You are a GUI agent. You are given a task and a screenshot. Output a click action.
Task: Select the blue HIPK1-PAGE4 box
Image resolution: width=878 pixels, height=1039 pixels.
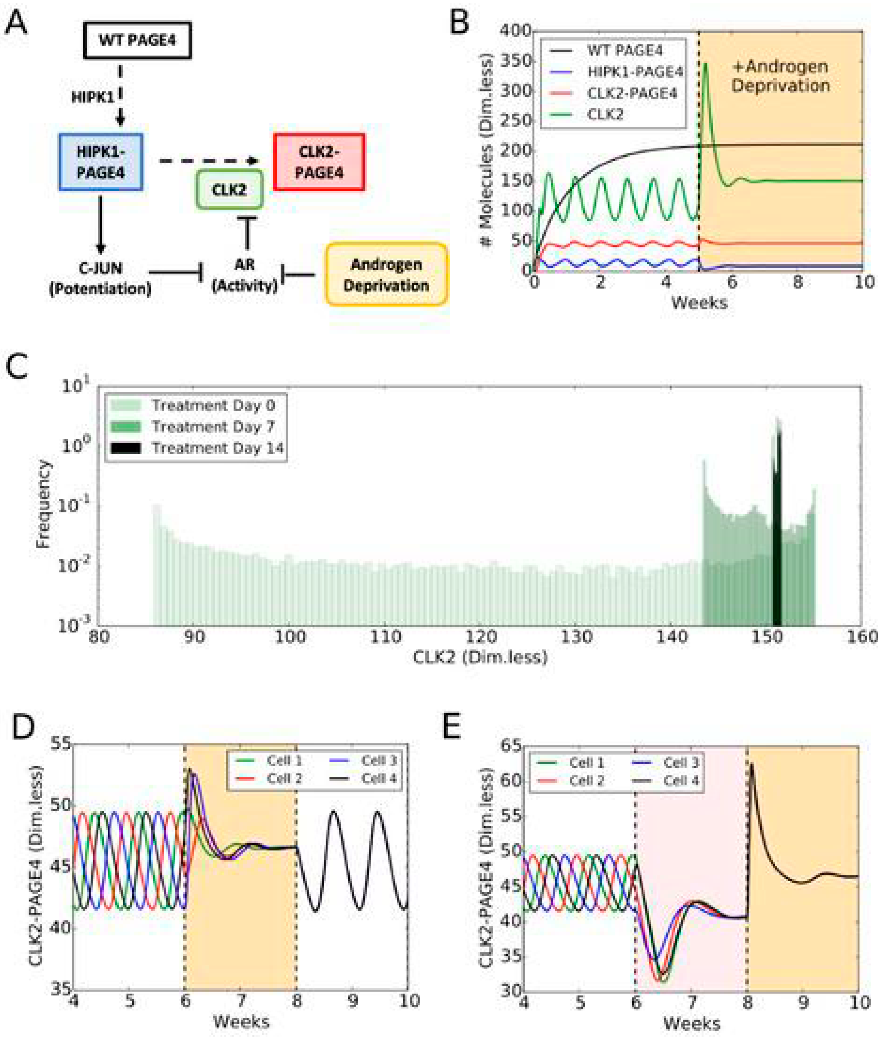[100, 162]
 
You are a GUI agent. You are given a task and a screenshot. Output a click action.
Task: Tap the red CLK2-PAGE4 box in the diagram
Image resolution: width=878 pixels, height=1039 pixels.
[319, 162]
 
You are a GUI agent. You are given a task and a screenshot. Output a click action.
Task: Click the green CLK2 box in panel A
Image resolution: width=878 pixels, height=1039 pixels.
[229, 189]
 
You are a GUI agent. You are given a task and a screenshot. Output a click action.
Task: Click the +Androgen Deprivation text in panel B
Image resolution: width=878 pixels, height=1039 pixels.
[781, 76]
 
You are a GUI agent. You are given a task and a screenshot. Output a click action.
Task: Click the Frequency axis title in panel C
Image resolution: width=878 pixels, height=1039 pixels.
[44, 504]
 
